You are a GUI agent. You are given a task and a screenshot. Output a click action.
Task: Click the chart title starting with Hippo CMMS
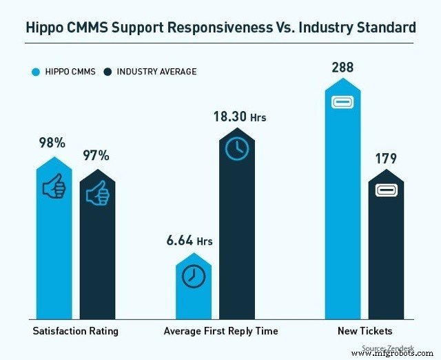click(220, 28)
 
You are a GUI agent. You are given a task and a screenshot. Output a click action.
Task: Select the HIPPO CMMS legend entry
click(63, 71)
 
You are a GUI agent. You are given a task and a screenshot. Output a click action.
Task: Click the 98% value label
click(52, 143)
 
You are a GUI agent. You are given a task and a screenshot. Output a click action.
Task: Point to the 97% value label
click(96, 156)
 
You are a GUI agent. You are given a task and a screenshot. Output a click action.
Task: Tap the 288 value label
click(342, 68)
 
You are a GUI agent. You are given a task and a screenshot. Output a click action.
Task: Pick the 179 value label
click(385, 159)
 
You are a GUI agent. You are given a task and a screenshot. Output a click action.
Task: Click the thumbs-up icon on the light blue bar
click(54, 187)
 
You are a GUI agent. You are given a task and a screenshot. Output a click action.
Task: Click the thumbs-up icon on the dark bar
click(97, 195)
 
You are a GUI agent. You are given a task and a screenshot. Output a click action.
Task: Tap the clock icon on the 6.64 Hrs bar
click(194, 276)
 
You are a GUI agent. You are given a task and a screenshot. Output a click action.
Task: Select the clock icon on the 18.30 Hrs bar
click(237, 149)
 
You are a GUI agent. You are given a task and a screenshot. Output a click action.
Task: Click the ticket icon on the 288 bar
click(342, 103)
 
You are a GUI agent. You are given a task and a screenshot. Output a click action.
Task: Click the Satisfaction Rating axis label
click(75, 331)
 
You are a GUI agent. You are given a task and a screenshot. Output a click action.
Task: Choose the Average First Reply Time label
click(220, 331)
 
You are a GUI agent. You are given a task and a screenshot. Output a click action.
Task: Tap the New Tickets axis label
click(365, 331)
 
